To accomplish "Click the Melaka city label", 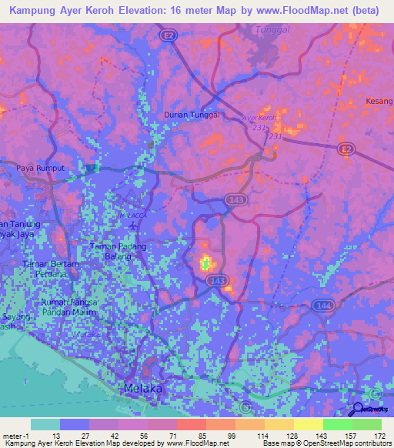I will pos(143,389).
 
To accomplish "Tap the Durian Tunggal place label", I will pos(192,115).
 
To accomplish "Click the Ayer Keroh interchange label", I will pos(258,118).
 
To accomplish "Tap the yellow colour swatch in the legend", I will pos(308,424).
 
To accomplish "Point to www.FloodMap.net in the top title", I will pos(288,11).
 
